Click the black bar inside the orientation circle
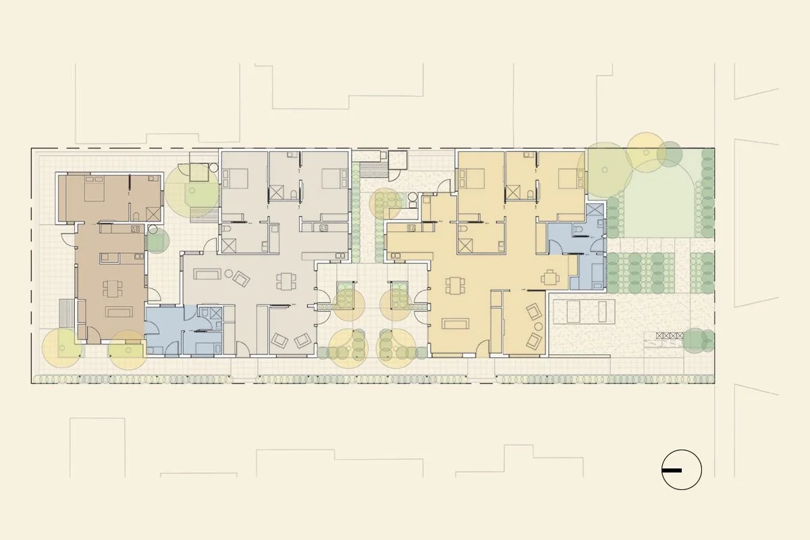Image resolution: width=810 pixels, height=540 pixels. pos(672,470)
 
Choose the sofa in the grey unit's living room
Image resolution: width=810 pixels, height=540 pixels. pos(205,274)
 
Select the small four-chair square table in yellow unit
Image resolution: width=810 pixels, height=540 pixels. pos(551,277)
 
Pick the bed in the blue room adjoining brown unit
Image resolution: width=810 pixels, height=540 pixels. pos(202,346)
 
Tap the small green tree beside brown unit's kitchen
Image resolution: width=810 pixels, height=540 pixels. pos(157,240)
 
